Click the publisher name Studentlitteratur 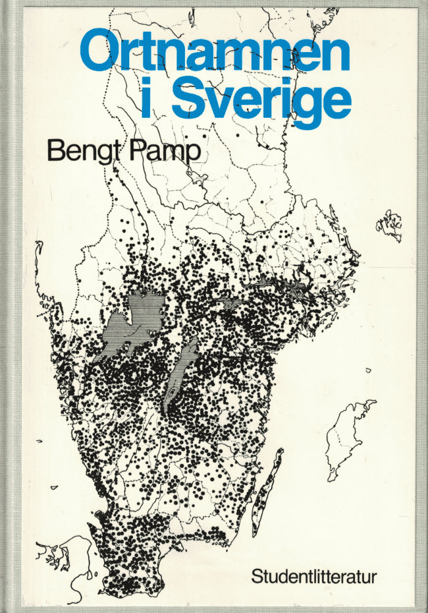pyautogui.click(x=314, y=577)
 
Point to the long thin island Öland pyautogui.click(x=268, y=490)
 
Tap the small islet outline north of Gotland pyautogui.click(x=369, y=370)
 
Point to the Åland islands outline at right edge pyautogui.click(x=389, y=224)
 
